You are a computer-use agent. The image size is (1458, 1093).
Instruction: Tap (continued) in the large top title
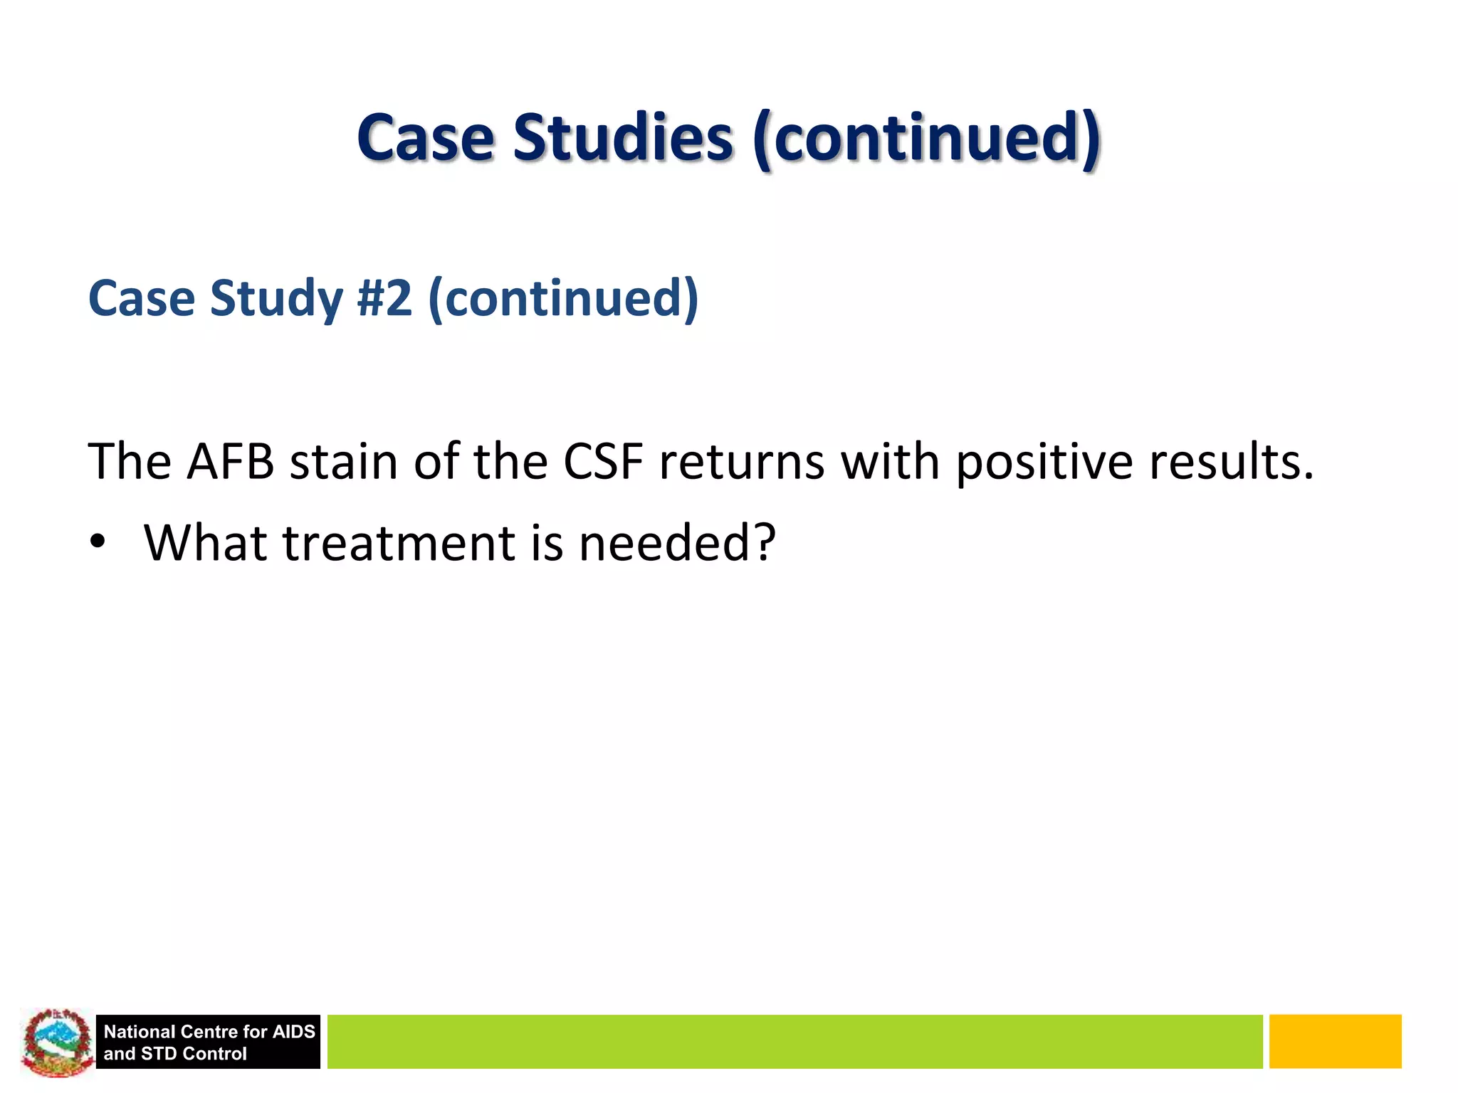click(926, 139)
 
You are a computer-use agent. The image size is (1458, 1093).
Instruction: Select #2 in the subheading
click(384, 298)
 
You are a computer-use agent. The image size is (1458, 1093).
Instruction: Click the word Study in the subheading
click(276, 300)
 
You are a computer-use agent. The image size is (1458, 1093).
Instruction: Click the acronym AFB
click(230, 462)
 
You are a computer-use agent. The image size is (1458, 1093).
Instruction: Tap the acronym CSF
click(603, 462)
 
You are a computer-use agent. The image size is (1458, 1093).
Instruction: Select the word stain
click(344, 462)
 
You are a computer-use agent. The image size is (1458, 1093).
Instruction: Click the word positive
click(1044, 463)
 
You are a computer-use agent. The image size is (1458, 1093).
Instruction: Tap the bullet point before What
click(98, 543)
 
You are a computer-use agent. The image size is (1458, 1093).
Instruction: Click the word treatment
click(399, 543)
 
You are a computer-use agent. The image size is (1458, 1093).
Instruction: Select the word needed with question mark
click(676, 543)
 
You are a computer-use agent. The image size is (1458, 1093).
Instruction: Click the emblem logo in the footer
click(56, 1042)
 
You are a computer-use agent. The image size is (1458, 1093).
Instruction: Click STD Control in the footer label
click(194, 1054)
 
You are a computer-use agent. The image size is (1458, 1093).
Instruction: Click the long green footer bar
click(794, 1042)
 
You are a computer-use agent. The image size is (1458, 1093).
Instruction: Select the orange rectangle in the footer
click(1335, 1042)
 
